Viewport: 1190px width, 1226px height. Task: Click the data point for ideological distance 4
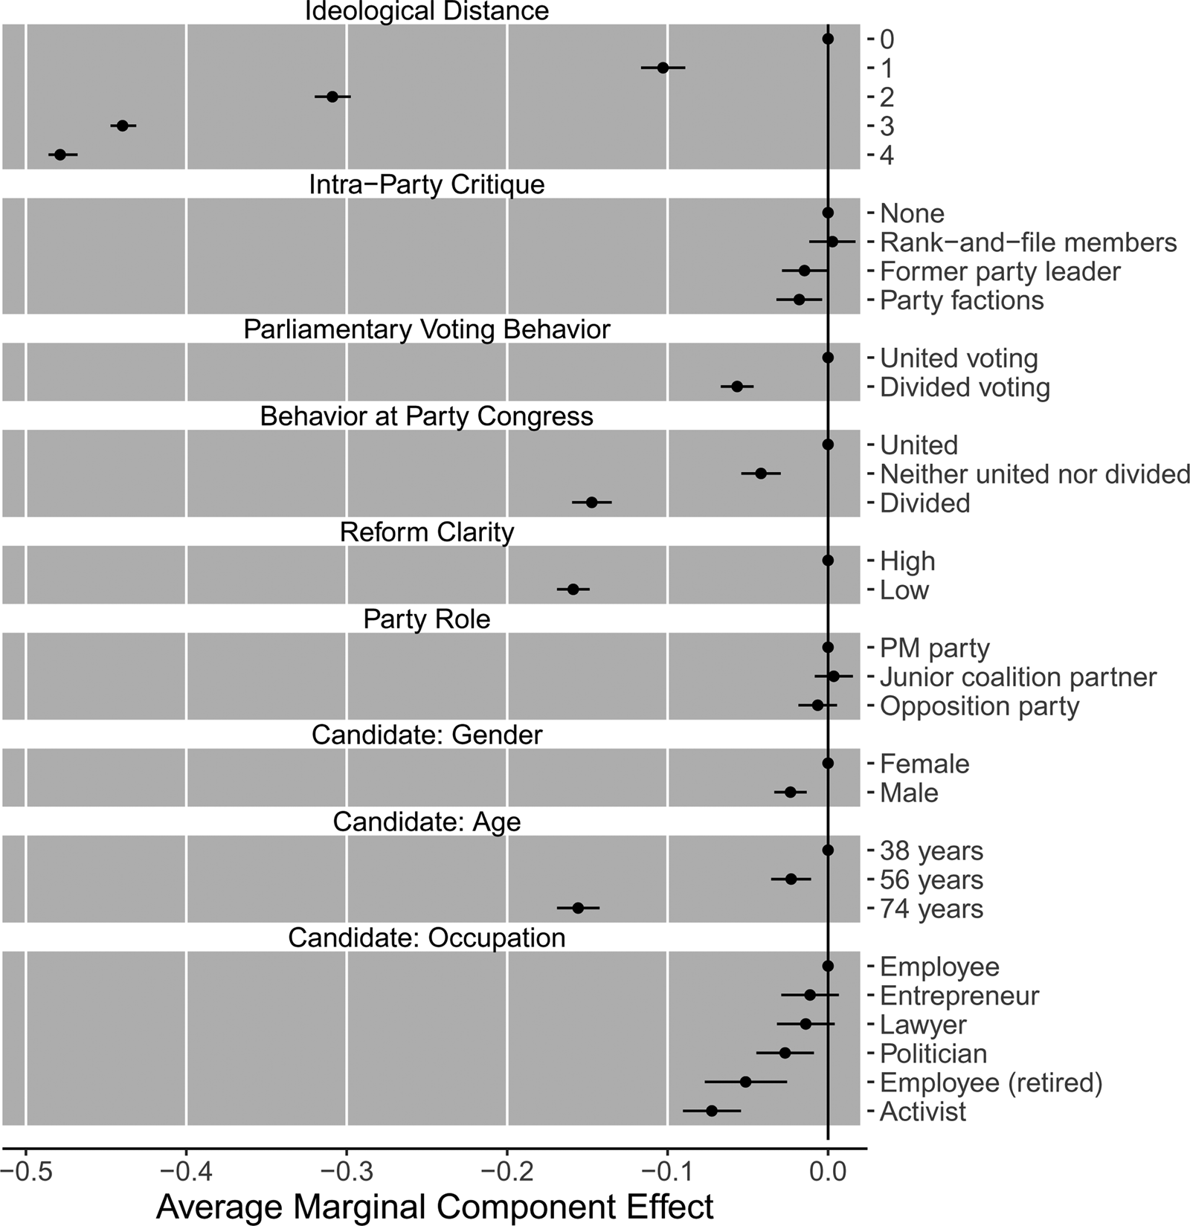pos(60,155)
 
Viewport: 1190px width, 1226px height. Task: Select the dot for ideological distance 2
pos(332,97)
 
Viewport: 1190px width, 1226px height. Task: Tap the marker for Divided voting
pos(737,387)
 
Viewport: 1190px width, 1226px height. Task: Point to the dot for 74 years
pos(578,908)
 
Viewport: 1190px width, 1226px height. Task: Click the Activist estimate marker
pos(711,1111)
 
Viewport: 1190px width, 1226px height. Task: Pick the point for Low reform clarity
pos(573,590)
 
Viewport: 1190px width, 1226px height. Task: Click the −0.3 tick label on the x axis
pos(346,1172)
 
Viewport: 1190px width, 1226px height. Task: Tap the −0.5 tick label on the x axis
pos(25,1172)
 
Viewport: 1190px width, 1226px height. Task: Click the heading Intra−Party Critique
pos(427,184)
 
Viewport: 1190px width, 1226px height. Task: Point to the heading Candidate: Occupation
pos(427,938)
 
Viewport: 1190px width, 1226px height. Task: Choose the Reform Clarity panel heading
pos(427,532)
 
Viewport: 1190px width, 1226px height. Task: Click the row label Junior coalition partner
pos(1017,677)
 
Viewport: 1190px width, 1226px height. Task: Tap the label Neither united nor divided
pos(1035,474)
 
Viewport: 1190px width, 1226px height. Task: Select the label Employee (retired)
pos(991,1083)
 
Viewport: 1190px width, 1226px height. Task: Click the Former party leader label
pos(1000,271)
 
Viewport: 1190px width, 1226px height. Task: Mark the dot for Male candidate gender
pos(791,793)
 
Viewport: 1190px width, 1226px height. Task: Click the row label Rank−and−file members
pos(1028,242)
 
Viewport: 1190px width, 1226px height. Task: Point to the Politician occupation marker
pos(785,1053)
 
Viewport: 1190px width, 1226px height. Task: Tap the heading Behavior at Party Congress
pos(427,416)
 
